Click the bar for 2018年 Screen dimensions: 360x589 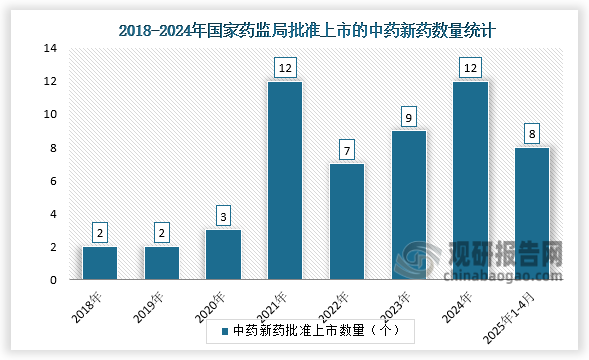(100, 263)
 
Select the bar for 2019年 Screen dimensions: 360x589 (161, 263)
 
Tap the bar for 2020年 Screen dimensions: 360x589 (223, 255)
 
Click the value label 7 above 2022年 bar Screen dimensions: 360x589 (346, 150)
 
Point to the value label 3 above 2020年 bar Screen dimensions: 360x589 (223, 217)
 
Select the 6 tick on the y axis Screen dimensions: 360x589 (53, 181)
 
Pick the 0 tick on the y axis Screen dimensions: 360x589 (53, 281)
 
